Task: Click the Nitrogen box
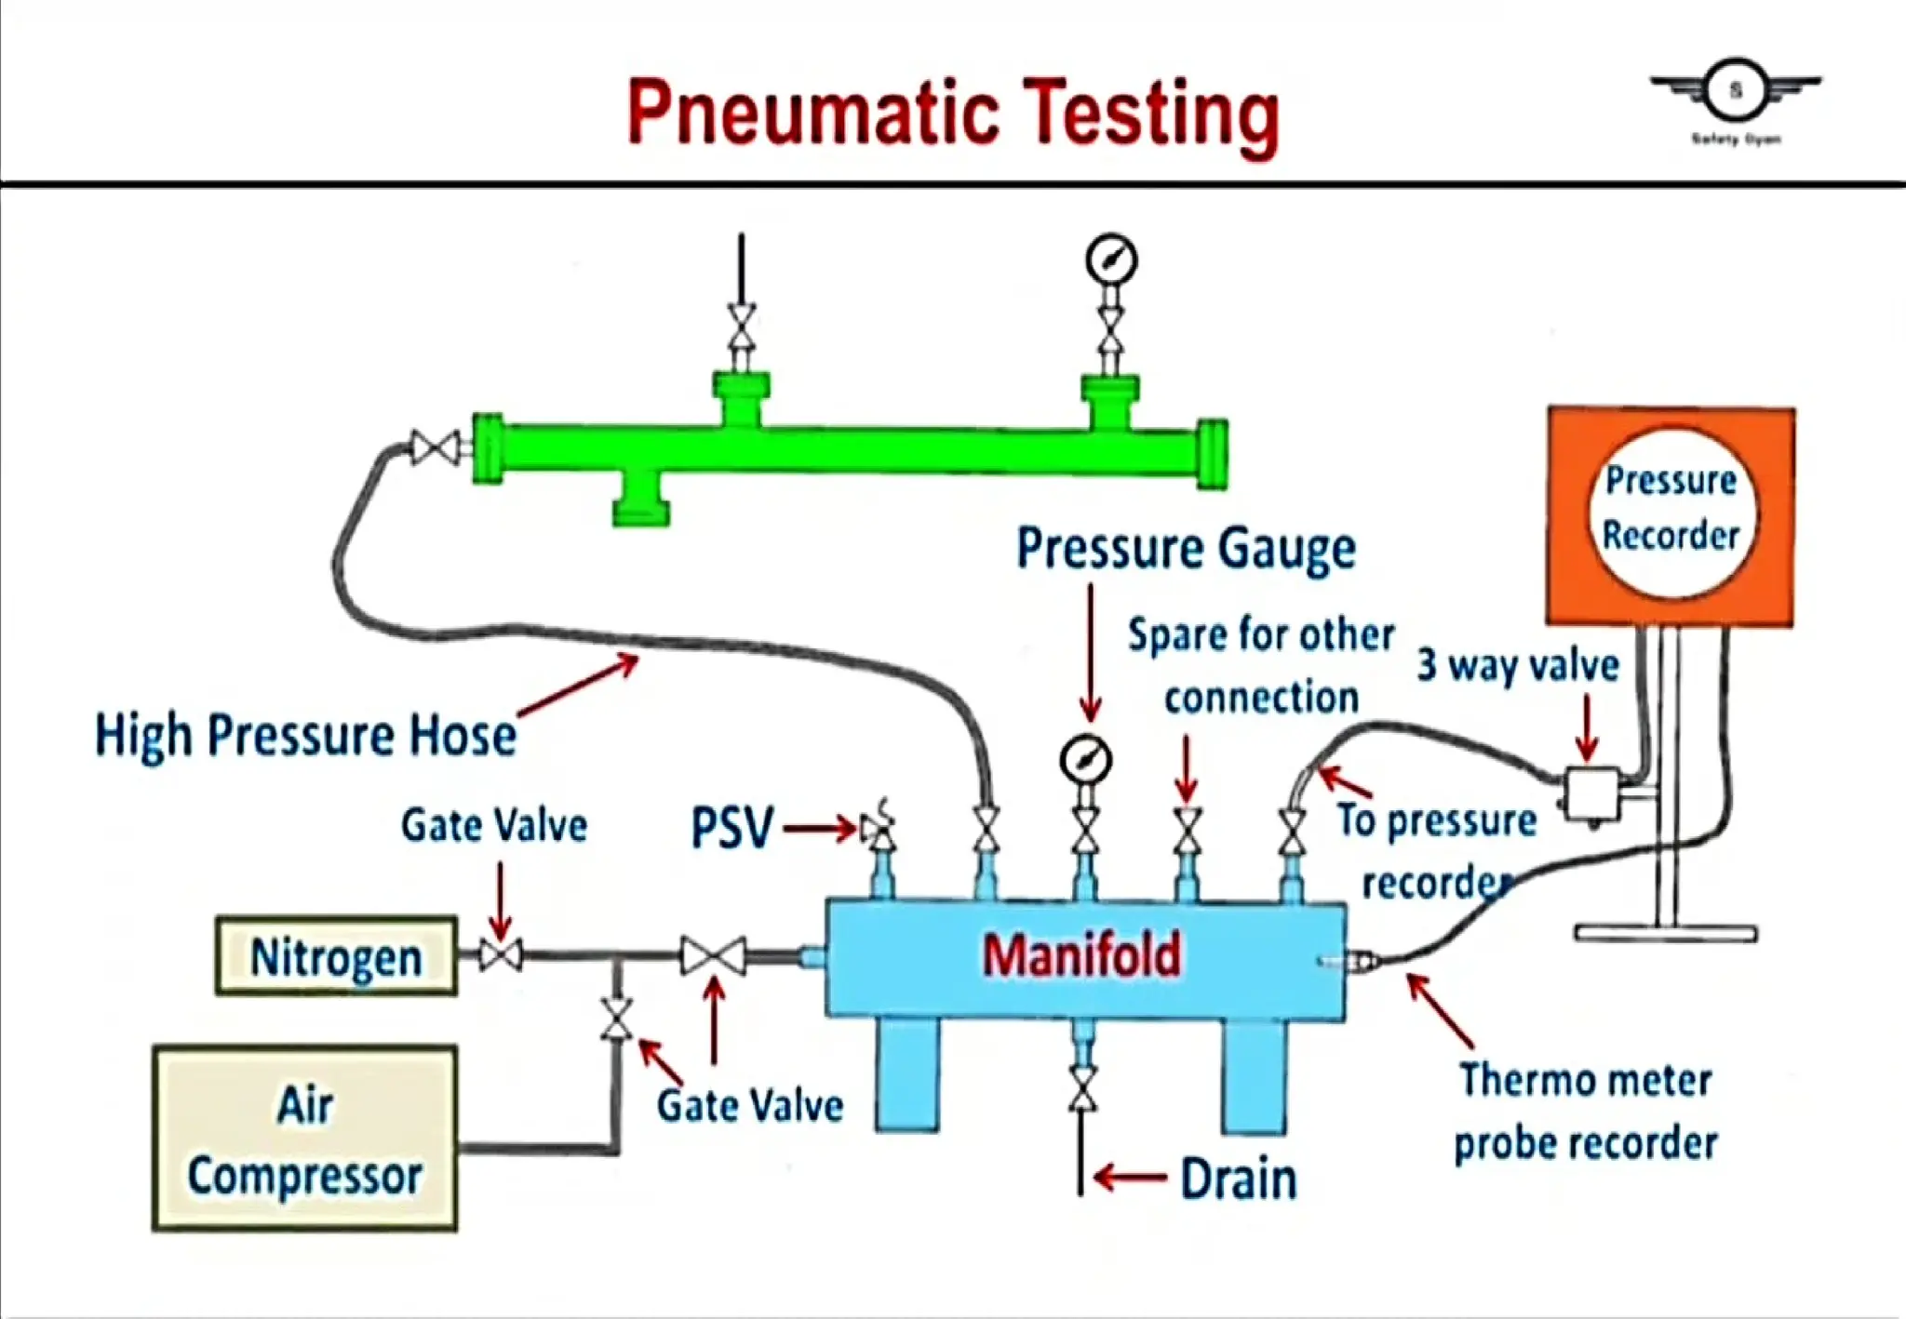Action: (336, 956)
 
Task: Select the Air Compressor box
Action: (305, 1139)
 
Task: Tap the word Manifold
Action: (1082, 955)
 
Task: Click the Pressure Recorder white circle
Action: (1671, 510)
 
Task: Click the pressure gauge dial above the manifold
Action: (1085, 760)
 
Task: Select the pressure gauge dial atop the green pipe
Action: (1111, 260)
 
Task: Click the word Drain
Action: (1238, 1179)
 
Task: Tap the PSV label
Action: (732, 827)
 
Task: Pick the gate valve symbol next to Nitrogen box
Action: (501, 955)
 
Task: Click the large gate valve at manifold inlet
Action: (713, 956)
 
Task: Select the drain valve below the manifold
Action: (1081, 1089)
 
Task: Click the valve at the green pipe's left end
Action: (435, 448)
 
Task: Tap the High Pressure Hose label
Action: (305, 736)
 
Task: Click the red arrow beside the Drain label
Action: (1130, 1178)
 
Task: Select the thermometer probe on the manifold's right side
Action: (1349, 961)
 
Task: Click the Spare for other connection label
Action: (1261, 665)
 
